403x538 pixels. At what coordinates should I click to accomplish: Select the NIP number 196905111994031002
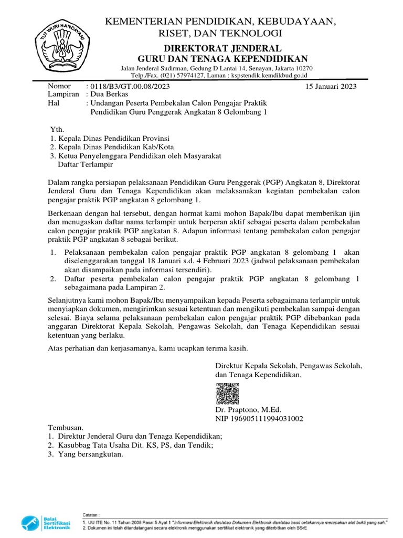tap(259, 419)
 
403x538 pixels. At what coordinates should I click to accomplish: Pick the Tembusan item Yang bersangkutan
tap(90, 454)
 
